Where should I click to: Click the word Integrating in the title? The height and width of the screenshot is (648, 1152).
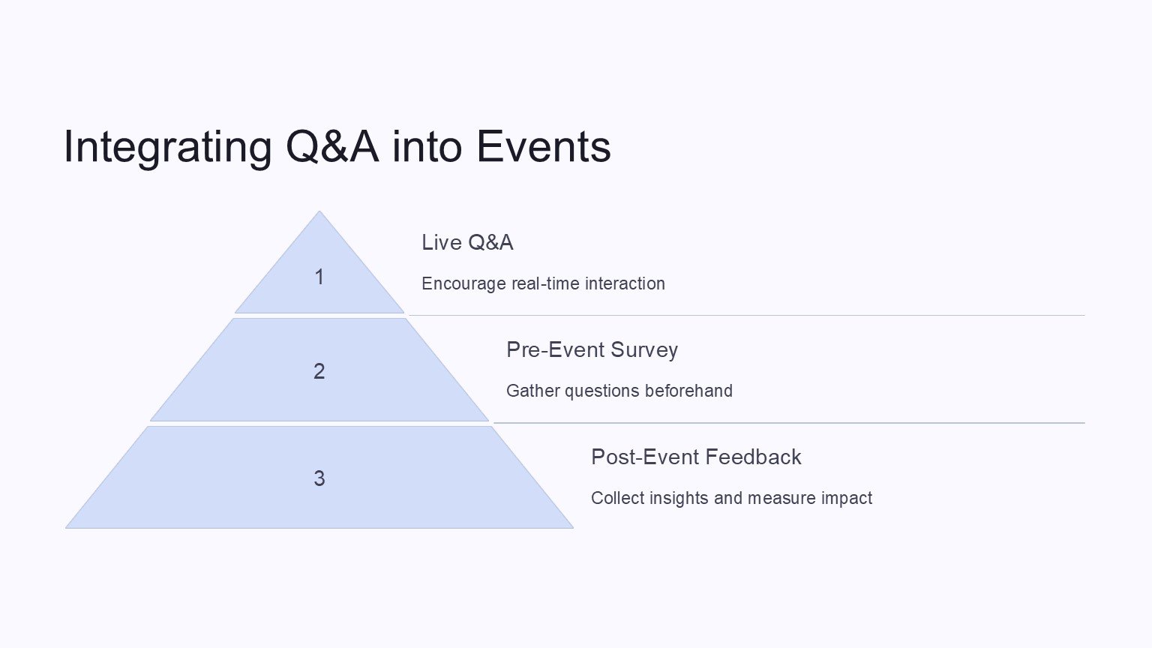pyautogui.click(x=168, y=148)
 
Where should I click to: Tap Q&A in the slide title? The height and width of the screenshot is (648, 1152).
pyautogui.click(x=332, y=146)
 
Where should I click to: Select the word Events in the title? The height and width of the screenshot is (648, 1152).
pyautogui.click(x=544, y=146)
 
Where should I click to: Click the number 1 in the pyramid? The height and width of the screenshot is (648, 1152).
pyautogui.click(x=319, y=277)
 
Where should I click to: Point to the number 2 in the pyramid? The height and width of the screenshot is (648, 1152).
pyautogui.click(x=319, y=371)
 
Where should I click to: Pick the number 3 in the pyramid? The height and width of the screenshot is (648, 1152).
pyautogui.click(x=319, y=478)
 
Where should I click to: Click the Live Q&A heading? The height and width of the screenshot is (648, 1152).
pyautogui.click(x=467, y=243)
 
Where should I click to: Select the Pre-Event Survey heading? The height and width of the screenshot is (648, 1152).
pyautogui.click(x=592, y=350)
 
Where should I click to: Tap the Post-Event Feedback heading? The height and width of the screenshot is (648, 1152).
pyautogui.click(x=696, y=457)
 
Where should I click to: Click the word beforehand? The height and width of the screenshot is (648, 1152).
pyautogui.click(x=688, y=391)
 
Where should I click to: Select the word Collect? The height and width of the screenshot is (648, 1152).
pyautogui.click(x=617, y=498)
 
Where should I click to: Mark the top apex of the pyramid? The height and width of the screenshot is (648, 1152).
pyautogui.click(x=319, y=211)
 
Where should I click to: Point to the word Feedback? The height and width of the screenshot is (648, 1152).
pyautogui.click(x=753, y=457)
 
